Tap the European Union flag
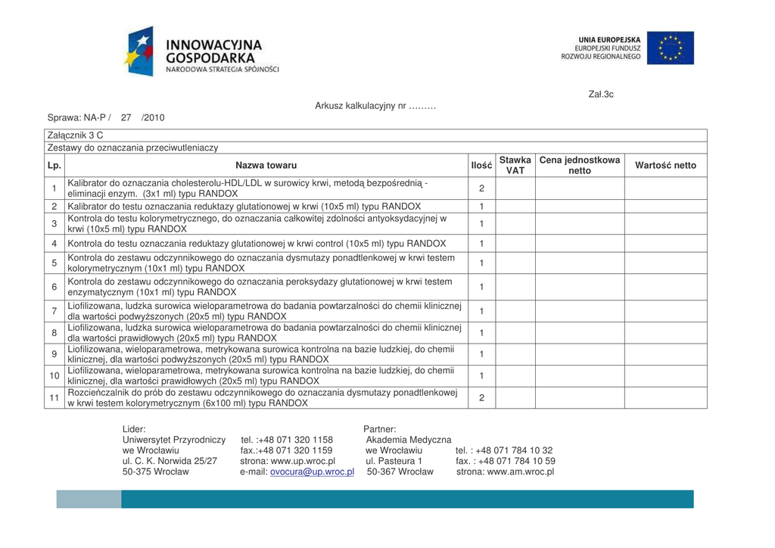669,48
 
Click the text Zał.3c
601,95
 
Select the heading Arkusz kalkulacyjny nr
375,106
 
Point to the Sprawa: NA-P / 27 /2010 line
106,118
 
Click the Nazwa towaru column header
266,165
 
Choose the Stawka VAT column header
515,165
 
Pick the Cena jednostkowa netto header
579,165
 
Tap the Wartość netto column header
665,165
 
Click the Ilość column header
481,165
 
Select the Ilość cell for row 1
481,188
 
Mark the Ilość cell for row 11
481,398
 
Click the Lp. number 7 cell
54,311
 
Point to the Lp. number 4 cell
54,244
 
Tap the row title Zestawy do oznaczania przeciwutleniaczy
133,148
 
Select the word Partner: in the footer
380,429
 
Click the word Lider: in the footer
134,429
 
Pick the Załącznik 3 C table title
75,135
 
